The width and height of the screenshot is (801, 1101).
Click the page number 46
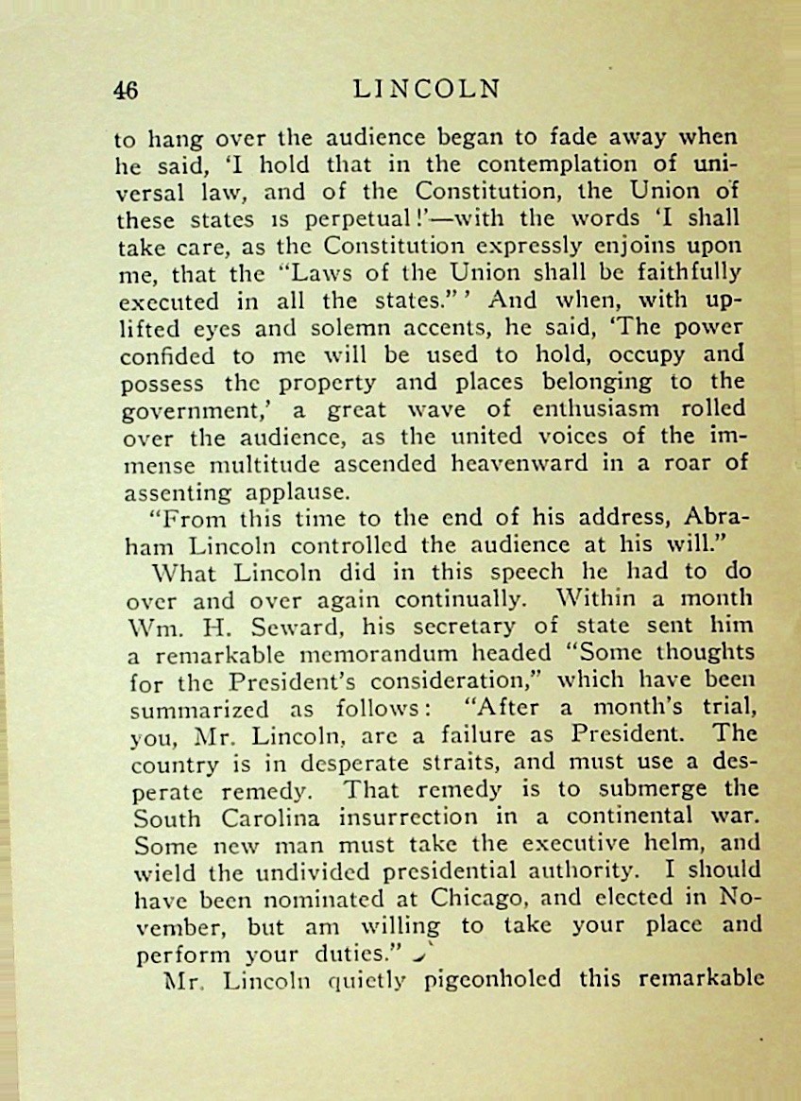[x=126, y=91]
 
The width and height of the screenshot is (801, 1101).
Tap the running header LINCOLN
[x=425, y=90]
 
